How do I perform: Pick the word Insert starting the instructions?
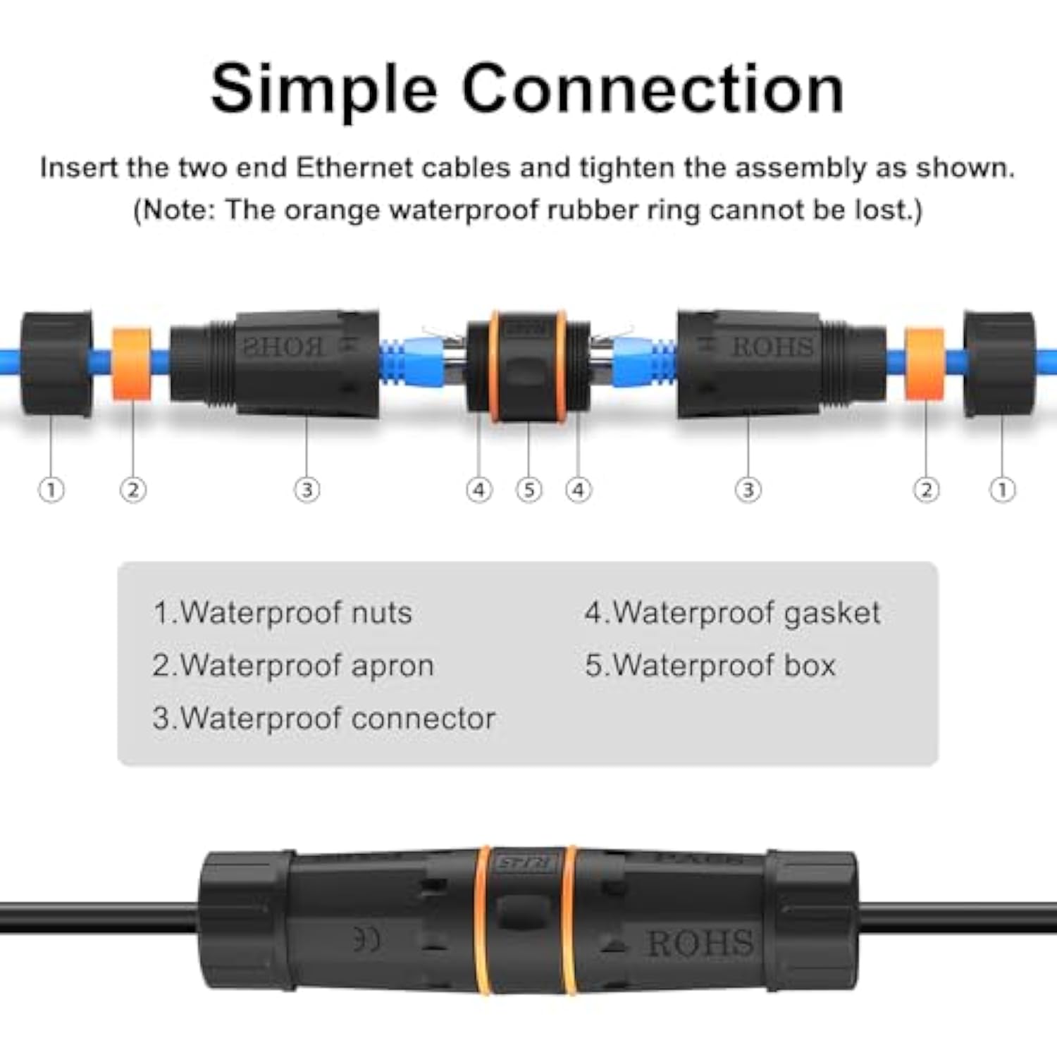point(79,168)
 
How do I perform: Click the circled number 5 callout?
point(529,490)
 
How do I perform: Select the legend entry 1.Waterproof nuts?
point(283,612)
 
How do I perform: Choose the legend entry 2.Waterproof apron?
point(293,665)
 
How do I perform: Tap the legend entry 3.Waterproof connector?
point(324,718)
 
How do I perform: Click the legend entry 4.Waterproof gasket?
point(732,612)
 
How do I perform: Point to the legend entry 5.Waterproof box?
point(710,665)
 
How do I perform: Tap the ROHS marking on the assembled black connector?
point(700,943)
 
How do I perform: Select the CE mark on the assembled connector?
point(366,939)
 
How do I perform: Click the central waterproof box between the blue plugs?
point(528,366)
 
